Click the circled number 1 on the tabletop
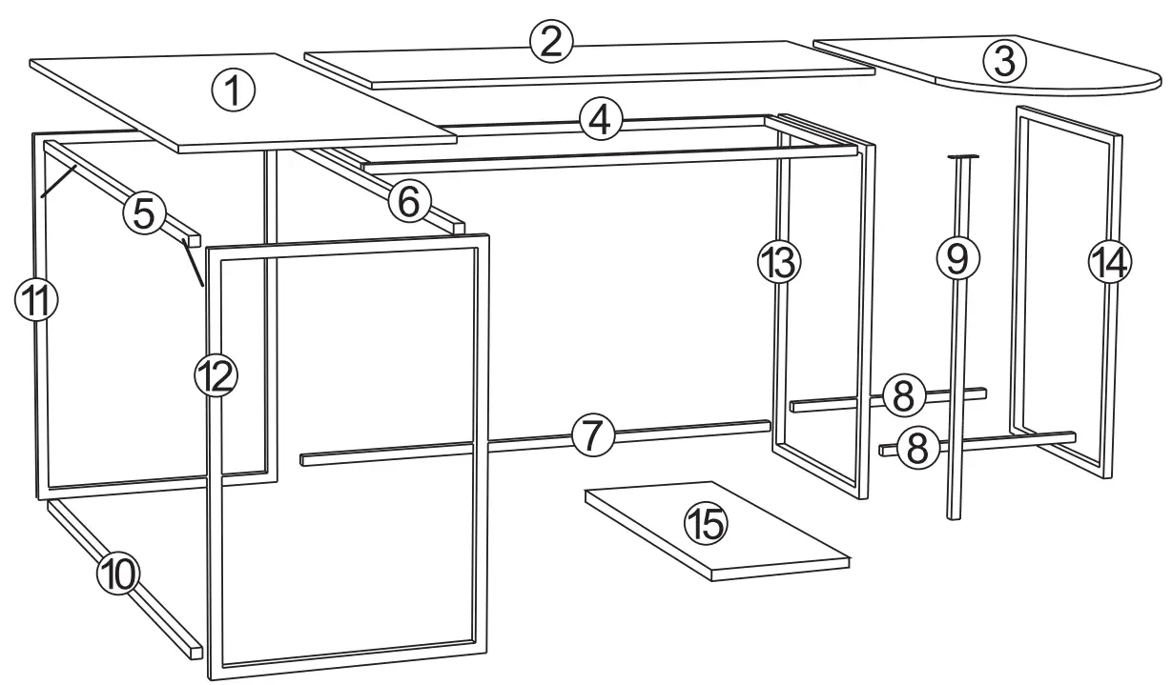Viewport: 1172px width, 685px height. tap(234, 93)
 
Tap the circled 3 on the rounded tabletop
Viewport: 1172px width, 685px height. tap(1003, 61)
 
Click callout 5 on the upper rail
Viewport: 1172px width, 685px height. tap(144, 213)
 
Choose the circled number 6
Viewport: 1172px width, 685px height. tap(408, 202)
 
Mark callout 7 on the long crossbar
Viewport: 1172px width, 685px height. tap(592, 435)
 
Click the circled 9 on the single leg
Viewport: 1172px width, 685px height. tap(957, 257)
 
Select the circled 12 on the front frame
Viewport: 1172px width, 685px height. tap(216, 376)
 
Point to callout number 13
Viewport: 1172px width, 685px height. tap(779, 262)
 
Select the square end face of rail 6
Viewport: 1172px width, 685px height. tap(459, 230)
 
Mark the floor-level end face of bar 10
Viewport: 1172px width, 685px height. tap(195, 652)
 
